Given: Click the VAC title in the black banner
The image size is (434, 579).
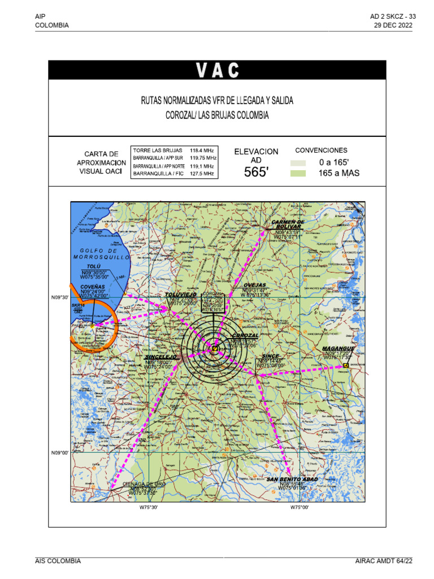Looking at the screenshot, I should coord(218,70).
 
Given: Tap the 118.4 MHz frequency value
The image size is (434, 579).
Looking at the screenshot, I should coord(202,150).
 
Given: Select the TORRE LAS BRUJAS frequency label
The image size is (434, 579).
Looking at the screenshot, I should coord(158,150).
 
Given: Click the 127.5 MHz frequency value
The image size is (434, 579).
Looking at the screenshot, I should coord(202,175).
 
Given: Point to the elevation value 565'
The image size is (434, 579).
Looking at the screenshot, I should coord(256,172).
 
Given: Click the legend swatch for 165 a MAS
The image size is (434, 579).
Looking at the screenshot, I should coord(298,173).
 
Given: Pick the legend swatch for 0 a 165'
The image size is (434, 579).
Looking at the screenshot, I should coord(298,162).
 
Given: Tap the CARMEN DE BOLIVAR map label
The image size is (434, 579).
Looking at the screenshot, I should coord(288,224).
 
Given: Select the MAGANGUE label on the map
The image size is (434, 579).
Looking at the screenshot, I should coord(338,348).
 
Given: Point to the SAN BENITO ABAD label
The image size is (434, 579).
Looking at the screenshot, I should coord(292,479).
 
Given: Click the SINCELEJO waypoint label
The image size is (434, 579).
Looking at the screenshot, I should coord(161,357).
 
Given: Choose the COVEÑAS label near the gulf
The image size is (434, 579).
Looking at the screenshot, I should coord(93,287).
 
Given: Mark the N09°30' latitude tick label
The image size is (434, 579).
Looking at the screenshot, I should coord(60,297).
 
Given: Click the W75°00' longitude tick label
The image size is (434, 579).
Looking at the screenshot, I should coord(300,508).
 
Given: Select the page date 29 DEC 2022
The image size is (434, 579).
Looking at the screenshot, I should coord(393,25).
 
